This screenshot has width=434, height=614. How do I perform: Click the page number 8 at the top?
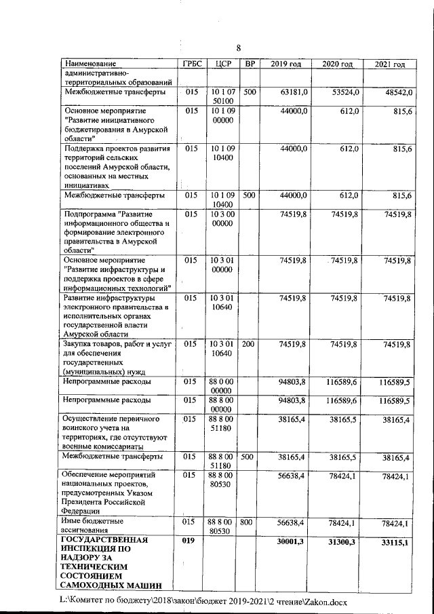click(x=238, y=47)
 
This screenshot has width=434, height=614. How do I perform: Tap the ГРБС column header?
click(x=189, y=64)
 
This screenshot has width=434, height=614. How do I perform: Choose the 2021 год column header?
click(x=389, y=64)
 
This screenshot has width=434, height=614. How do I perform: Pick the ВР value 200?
click(x=249, y=345)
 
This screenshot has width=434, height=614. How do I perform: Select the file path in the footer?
click(x=203, y=601)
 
